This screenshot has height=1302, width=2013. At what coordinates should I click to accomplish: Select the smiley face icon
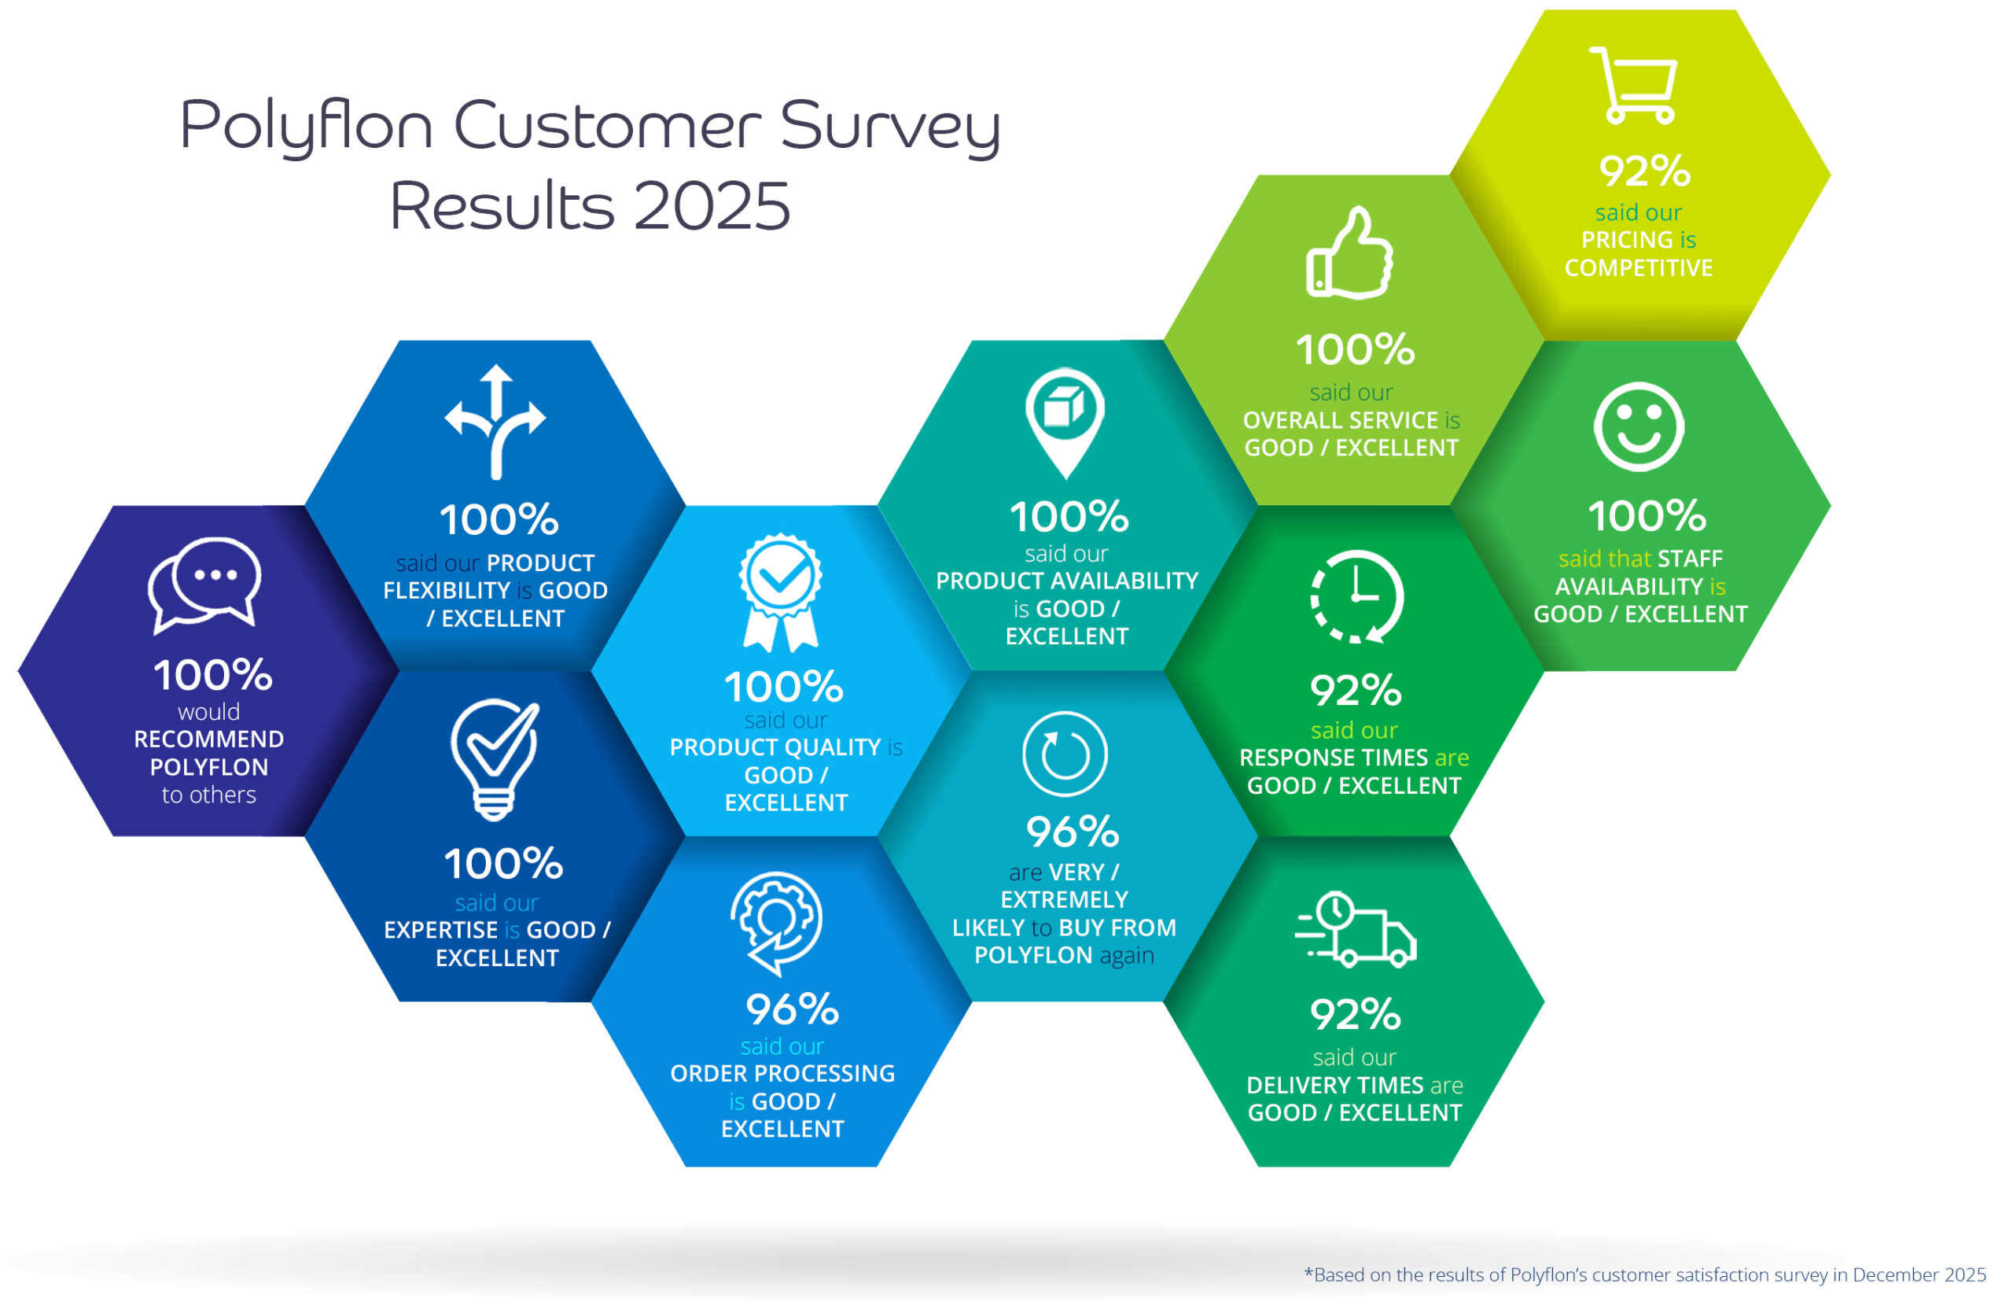pyautogui.click(x=1638, y=427)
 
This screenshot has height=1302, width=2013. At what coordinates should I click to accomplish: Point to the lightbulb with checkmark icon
pyautogui.click(x=495, y=759)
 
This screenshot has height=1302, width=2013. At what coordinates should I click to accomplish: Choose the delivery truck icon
pyautogui.click(x=1355, y=929)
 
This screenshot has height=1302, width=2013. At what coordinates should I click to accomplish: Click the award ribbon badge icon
pyautogui.click(x=780, y=592)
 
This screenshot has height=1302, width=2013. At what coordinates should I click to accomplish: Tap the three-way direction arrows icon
pyautogui.click(x=496, y=422)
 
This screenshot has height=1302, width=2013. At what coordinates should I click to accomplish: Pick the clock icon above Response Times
pyautogui.click(x=1356, y=597)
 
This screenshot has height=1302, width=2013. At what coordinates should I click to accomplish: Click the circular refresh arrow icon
pyautogui.click(x=1064, y=754)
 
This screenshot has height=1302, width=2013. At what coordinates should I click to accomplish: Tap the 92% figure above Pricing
pyautogui.click(x=1643, y=171)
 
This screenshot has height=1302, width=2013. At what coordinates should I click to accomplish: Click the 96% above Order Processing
pyautogui.click(x=792, y=1009)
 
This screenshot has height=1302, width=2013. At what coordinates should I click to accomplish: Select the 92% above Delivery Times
pyautogui.click(x=1356, y=1015)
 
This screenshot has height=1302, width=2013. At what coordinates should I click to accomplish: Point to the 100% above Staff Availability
pyautogui.click(x=1647, y=516)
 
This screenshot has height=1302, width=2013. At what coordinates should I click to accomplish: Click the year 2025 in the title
pyautogui.click(x=712, y=206)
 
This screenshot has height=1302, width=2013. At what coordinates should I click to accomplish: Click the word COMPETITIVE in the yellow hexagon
pyautogui.click(x=1638, y=268)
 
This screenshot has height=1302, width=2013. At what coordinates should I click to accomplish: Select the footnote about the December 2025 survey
pyautogui.click(x=1644, y=1274)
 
